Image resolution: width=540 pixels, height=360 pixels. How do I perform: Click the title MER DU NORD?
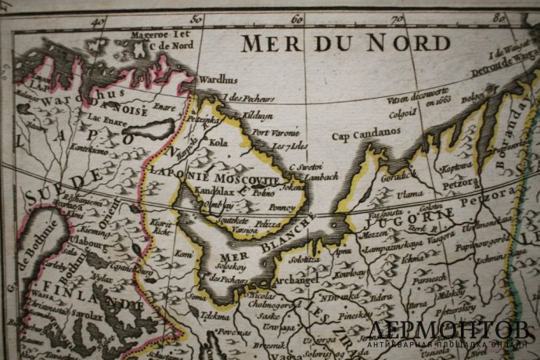345,43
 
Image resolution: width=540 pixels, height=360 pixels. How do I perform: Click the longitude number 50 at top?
196,19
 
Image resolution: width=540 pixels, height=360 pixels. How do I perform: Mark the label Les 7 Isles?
286,146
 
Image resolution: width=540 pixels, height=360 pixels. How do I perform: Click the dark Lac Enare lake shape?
149,130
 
